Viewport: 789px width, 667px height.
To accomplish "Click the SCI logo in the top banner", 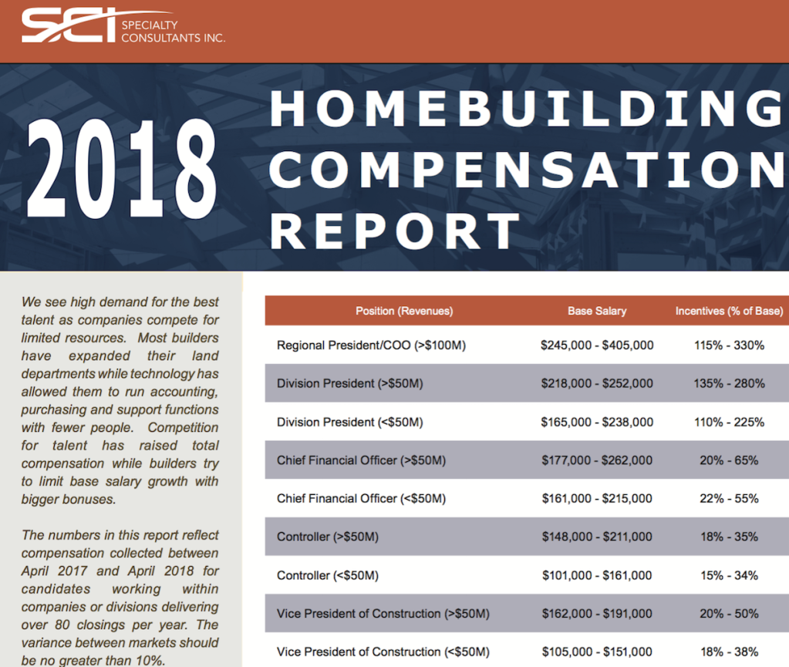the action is coord(70,25).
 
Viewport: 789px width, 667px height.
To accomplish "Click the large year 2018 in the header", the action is coord(122,169).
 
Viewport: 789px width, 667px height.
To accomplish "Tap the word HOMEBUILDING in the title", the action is coord(528,108).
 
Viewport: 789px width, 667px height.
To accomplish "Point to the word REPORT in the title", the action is coord(395,231).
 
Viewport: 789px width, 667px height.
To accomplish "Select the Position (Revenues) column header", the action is coord(404,311).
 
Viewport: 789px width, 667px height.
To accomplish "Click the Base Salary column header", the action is coord(597,311).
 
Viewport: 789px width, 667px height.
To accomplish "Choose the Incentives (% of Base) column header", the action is coord(729,311).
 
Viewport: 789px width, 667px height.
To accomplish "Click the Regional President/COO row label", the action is coord(371,345).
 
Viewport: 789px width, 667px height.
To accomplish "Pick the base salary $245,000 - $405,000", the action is coord(597,345).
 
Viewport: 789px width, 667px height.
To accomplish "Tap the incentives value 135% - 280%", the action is coord(729,383).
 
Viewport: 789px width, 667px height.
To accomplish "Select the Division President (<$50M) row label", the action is coord(349,422).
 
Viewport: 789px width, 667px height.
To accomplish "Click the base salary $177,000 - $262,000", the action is coord(597,460).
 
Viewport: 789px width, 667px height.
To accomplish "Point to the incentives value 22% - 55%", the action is coord(729,498).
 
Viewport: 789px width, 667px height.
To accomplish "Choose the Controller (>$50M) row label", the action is coord(328,537).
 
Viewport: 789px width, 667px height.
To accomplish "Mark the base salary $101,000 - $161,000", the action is coord(597,575).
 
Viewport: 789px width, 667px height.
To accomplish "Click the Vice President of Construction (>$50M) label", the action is coord(383,614).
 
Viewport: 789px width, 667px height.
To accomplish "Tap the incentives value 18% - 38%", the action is coord(729,652).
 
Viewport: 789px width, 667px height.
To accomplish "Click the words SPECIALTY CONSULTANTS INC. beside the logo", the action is coord(173,31).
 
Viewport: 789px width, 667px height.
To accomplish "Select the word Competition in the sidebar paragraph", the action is coord(183,427).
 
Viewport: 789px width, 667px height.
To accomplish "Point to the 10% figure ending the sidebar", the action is coord(150,661).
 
